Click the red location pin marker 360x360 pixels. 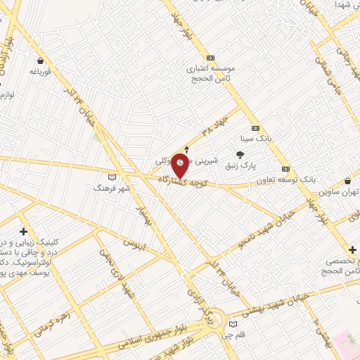tap(181, 165)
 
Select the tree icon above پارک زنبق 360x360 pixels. tap(240, 154)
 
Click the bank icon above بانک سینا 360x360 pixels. tap(255, 128)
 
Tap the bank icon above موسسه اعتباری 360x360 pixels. tap(209, 58)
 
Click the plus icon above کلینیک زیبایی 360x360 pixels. tap(24, 231)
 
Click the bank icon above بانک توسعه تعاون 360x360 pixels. tap(285, 169)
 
